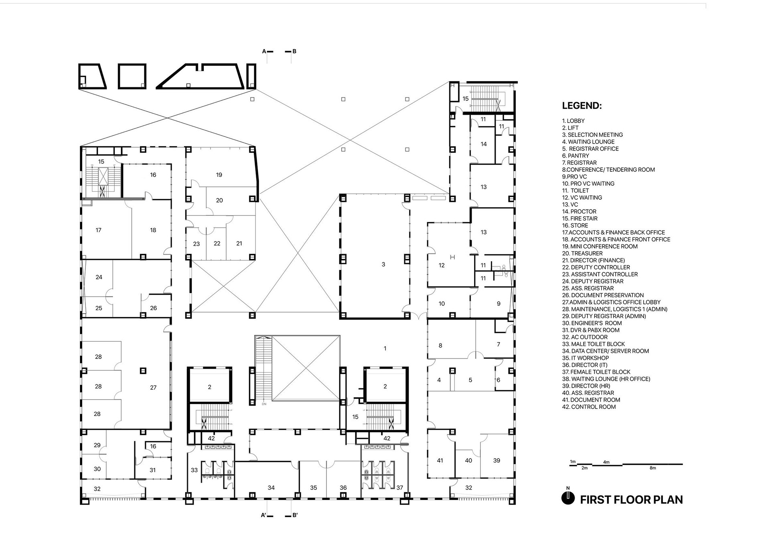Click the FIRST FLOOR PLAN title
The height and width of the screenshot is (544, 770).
click(631, 499)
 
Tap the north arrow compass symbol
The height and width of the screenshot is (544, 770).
click(568, 497)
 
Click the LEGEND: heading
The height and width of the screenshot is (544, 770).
click(582, 106)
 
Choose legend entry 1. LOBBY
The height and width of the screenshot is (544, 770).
click(573, 121)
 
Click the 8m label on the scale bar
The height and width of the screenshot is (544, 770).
click(653, 468)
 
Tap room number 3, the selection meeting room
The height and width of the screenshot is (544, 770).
click(383, 264)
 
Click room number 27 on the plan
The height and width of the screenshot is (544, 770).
click(153, 388)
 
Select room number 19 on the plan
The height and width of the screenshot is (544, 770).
click(219, 175)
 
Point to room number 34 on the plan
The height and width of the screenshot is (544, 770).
click(271, 488)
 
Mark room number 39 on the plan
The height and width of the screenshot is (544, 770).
click(496, 461)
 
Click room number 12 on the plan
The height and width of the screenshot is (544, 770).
click(442, 265)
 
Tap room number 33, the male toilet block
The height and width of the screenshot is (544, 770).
click(194, 470)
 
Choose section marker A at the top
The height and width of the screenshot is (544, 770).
click(264, 51)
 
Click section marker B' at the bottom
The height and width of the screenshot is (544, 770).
click(295, 515)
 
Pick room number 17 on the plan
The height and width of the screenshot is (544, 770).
click(99, 230)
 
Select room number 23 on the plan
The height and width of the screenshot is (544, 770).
click(197, 244)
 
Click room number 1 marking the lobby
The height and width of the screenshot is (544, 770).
click(385, 349)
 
